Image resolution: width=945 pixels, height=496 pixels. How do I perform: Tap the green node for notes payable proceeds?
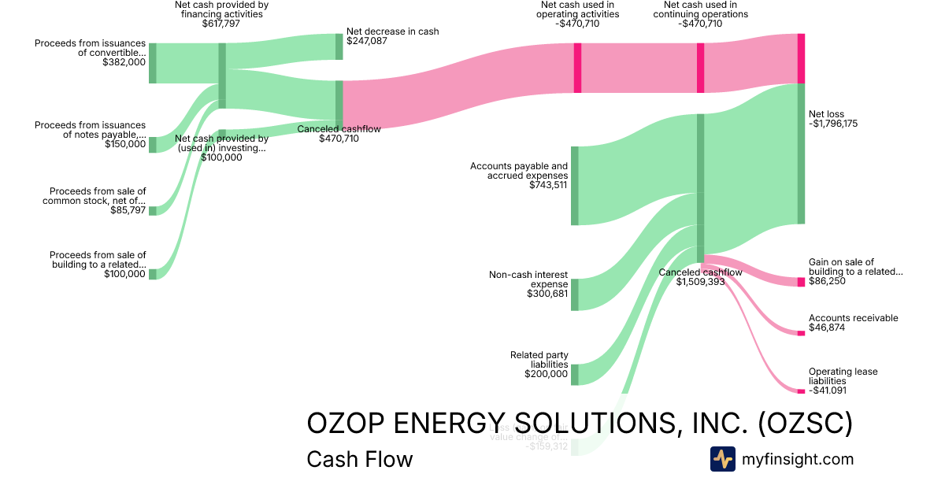pos(153,144)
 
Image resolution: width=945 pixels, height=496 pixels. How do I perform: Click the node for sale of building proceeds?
pos(153,274)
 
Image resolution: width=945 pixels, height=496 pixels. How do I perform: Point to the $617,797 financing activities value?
pos(220,24)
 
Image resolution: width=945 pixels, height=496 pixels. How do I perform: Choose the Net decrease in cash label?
pos(392,31)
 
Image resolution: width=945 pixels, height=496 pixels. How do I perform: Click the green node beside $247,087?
pos(339,46)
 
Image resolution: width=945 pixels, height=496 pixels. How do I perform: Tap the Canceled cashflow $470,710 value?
pos(339,139)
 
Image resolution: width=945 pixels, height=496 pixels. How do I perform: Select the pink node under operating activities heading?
pos(577,68)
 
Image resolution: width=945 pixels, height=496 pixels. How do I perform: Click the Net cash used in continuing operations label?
pos(700,9)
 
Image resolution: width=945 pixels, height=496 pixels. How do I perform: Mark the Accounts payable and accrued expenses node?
pos(575,185)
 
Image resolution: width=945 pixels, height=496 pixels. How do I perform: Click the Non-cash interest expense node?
pos(575,294)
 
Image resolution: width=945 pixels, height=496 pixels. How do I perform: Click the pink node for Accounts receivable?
pos(801,333)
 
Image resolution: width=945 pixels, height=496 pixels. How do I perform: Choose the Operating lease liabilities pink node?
pos(801,391)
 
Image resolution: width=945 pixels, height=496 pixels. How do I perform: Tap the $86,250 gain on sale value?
pos(827,281)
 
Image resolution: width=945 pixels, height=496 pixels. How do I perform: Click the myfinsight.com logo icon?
pos(722,459)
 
